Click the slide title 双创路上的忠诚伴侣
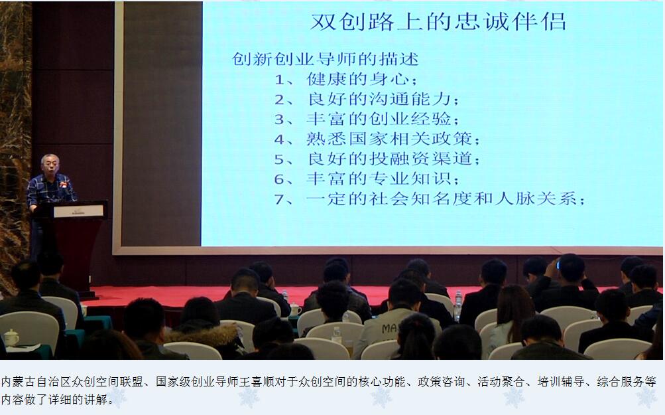[x=438, y=22]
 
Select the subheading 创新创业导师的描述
[x=326, y=59]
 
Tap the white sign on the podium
[x=78, y=211]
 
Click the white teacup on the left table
[x=11, y=337]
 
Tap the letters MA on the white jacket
[x=389, y=328]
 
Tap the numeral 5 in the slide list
[x=279, y=160]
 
